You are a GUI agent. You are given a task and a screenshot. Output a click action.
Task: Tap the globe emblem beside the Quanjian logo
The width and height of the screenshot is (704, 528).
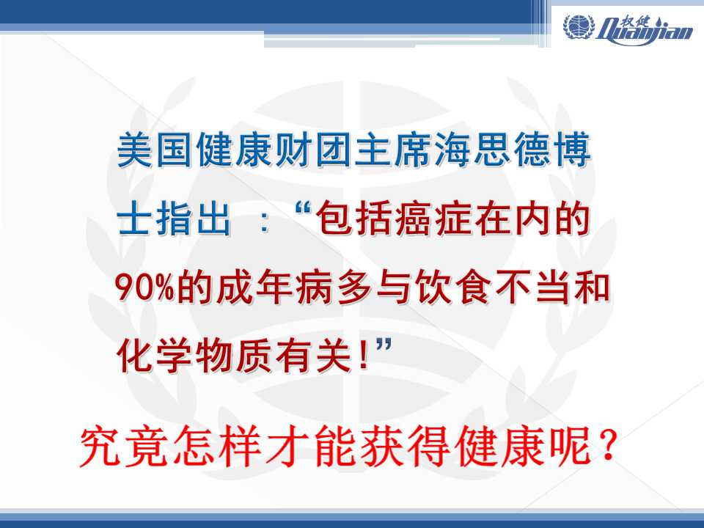coord(579,26)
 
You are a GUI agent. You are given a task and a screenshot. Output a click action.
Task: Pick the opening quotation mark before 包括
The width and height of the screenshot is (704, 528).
coord(304,208)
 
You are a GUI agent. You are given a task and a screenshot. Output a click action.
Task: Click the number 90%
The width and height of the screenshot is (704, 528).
coord(144,287)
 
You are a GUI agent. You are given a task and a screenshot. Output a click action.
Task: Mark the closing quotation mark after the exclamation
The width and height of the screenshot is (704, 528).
coord(384,347)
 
